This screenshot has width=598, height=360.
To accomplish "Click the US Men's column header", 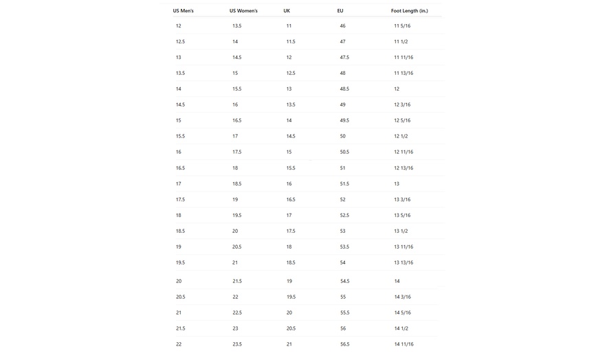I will click(x=183, y=11).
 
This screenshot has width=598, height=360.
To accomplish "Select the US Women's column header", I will click(x=243, y=11).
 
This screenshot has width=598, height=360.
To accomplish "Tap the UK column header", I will click(x=287, y=11).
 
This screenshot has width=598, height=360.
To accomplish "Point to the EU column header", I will click(x=340, y=11).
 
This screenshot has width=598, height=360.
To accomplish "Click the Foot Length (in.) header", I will click(x=409, y=11).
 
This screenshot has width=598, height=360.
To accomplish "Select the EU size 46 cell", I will click(x=342, y=26).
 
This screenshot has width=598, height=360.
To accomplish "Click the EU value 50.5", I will click(x=344, y=152).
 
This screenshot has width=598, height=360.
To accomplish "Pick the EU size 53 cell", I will click(x=342, y=231).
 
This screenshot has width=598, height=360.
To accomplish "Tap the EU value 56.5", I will click(x=344, y=344).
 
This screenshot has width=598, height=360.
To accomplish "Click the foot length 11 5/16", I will click(x=402, y=26).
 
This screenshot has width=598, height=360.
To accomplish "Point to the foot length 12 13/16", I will click(x=403, y=168).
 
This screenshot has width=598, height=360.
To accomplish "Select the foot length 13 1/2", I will click(x=401, y=231).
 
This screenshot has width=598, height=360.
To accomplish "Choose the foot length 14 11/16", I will click(x=403, y=344).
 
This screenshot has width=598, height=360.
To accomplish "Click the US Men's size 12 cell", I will click(x=179, y=26).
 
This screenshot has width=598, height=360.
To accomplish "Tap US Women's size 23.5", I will click(x=237, y=344).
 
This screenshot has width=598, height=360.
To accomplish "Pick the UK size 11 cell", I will click(x=289, y=26).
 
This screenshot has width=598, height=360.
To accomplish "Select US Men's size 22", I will click(x=179, y=344).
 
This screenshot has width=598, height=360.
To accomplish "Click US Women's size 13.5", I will click(x=237, y=26).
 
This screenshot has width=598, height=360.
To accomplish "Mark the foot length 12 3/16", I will click(x=402, y=104).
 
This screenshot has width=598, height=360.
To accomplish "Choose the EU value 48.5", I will click(x=344, y=89).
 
